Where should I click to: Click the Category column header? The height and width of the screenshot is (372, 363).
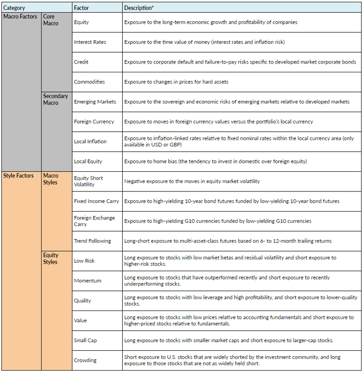click(x=14, y=8)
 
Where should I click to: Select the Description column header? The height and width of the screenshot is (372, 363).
click(x=139, y=8)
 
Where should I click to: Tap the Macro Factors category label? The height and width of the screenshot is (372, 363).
click(x=20, y=17)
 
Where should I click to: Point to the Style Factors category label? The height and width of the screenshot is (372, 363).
click(x=19, y=176)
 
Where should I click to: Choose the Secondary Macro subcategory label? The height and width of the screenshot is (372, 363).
click(x=56, y=99)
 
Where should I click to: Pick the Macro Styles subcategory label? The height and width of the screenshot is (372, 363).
click(x=51, y=179)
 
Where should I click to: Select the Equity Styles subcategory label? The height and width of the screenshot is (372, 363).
click(x=51, y=258)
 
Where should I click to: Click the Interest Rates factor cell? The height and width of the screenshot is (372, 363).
click(x=90, y=42)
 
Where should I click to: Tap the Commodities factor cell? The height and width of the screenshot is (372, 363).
click(x=89, y=82)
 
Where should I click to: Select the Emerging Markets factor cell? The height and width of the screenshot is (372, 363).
click(x=95, y=102)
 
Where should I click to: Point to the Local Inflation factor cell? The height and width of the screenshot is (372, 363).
click(x=90, y=142)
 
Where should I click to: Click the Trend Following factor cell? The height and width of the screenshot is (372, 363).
click(x=93, y=241)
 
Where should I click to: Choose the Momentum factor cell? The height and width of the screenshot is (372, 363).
click(x=88, y=281)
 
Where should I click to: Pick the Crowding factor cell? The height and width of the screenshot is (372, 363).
click(x=86, y=360)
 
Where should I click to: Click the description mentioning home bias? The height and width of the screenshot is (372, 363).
click(x=216, y=161)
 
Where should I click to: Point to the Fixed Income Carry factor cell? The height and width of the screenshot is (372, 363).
click(x=96, y=201)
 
